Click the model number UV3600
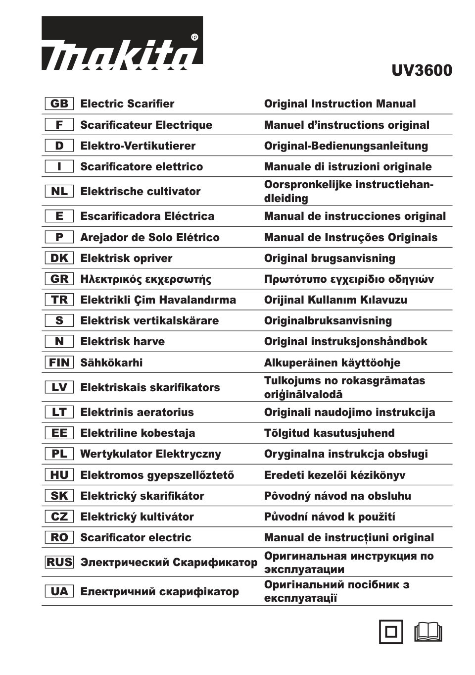point(422,71)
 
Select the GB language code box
point(59,104)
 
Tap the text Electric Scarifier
point(127,104)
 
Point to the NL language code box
point(59,191)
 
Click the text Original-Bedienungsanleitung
point(346,146)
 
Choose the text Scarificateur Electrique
point(146,125)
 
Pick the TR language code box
point(59,300)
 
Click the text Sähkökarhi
point(111,363)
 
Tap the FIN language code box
point(59,363)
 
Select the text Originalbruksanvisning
point(328,320)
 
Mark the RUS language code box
point(59,562)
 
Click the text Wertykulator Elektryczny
point(150,454)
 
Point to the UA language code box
point(59,591)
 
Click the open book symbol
point(428,632)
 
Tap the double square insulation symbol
point(391,632)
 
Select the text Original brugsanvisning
point(330,258)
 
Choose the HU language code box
point(59,475)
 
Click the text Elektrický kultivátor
point(137,517)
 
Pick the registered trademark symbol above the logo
point(194,37)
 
